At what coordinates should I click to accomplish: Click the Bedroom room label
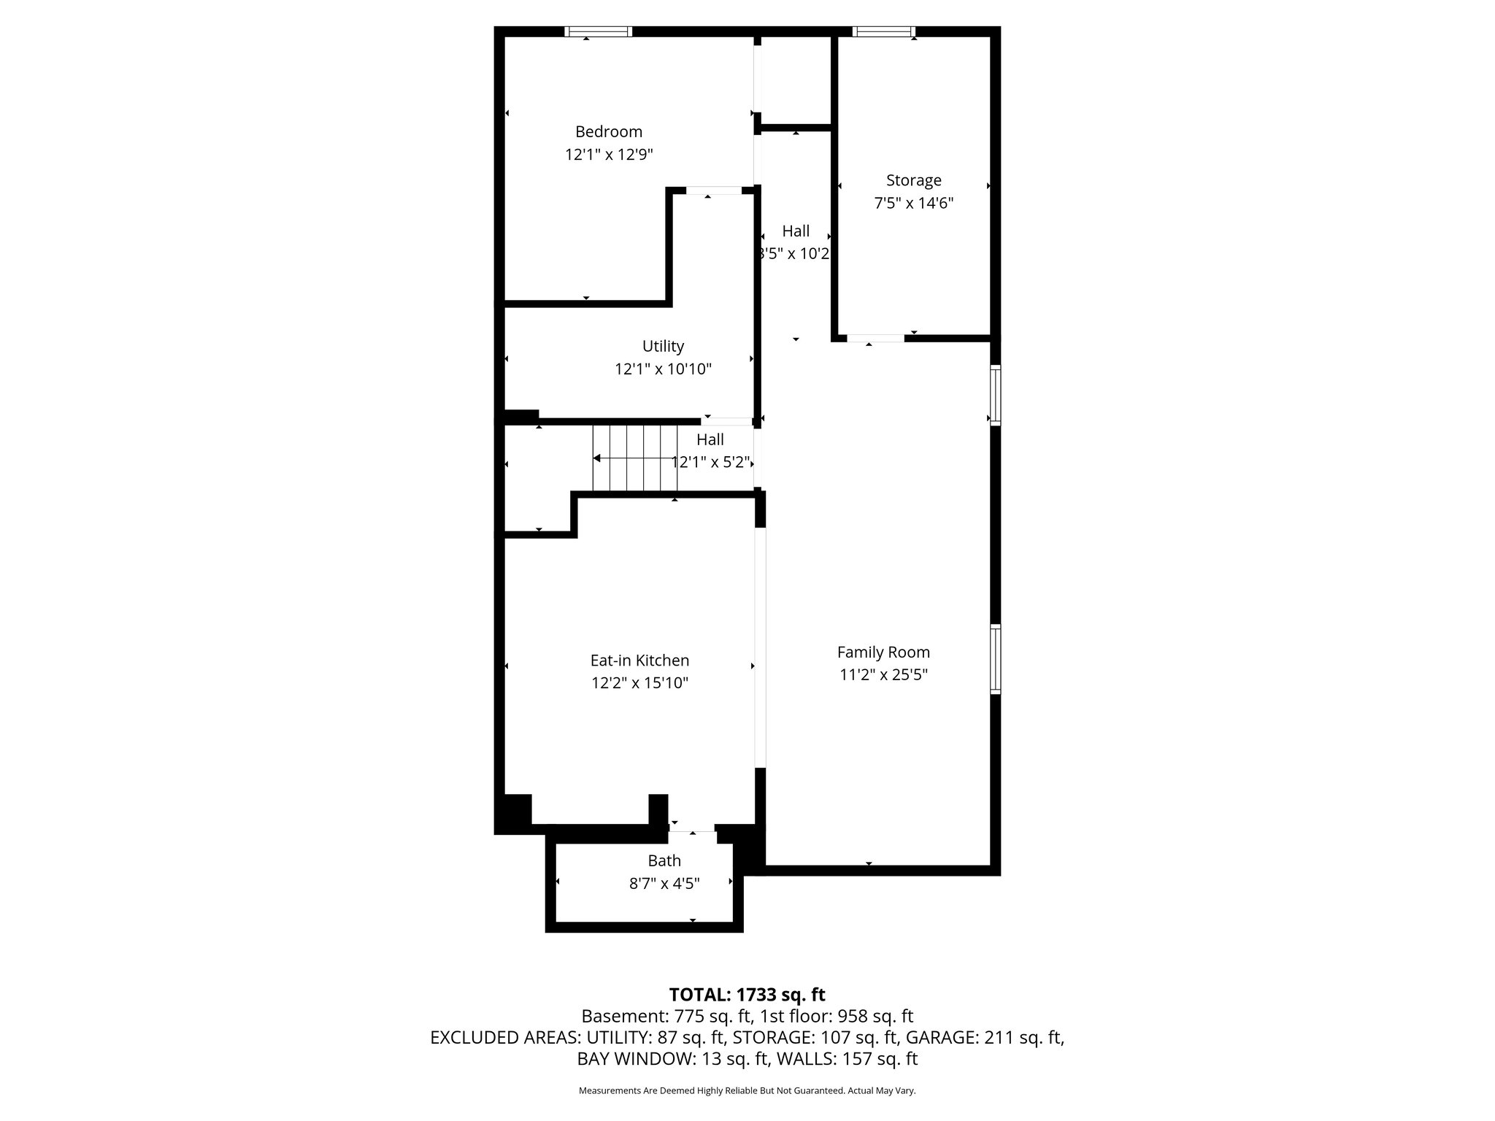[x=608, y=132]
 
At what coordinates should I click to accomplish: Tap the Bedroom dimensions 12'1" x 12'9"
[x=608, y=155]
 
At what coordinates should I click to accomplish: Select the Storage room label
[x=913, y=180]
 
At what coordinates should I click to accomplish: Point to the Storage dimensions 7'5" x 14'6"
[x=913, y=203]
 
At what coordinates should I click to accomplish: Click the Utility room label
[x=663, y=346]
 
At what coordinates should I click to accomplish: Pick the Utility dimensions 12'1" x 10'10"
[x=663, y=369]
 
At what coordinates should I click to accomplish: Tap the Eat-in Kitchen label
[x=639, y=660]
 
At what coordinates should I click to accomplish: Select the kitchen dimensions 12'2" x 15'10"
[x=639, y=683]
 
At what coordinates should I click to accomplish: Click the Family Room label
[x=883, y=652]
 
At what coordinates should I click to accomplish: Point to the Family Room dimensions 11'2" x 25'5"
[x=883, y=674]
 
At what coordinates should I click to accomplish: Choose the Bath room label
[x=664, y=861]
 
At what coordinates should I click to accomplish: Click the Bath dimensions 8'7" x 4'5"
[x=664, y=884]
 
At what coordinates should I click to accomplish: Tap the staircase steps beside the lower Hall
[x=634, y=458]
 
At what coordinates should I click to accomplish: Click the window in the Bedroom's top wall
[x=599, y=31]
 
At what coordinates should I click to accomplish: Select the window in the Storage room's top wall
[x=883, y=31]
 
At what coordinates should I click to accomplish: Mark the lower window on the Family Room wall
[x=995, y=658]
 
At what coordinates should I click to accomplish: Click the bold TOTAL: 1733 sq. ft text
[x=747, y=995]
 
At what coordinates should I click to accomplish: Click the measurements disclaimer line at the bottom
[x=747, y=1091]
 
